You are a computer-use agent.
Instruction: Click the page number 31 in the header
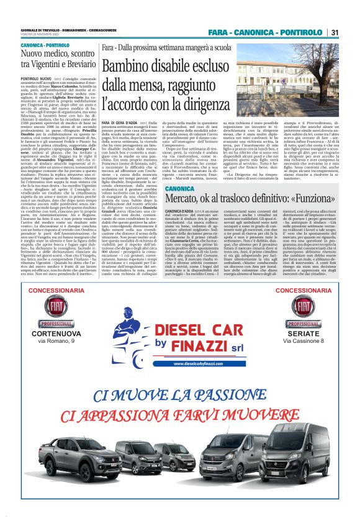(x=334, y=32)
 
